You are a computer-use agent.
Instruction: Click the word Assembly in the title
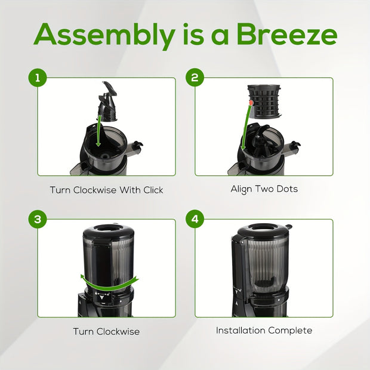coord(104,35)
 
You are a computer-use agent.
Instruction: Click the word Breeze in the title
coord(287,34)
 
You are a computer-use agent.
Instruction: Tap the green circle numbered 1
coord(38,78)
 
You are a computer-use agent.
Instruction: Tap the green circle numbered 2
coord(195,78)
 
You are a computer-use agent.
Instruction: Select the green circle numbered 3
coord(38,219)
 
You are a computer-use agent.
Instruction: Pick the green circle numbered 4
coord(195,219)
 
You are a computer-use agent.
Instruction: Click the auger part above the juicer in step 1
coord(107,101)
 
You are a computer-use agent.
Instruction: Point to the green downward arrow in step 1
coord(99,131)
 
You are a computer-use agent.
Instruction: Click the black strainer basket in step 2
coord(264,101)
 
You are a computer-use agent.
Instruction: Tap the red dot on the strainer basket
coord(251,103)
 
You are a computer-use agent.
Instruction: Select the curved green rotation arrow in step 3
coord(109,282)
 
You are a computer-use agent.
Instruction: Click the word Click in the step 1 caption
coord(153,190)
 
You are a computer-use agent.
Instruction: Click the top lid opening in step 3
coord(109,229)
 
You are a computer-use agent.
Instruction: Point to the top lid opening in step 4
coord(264,227)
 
